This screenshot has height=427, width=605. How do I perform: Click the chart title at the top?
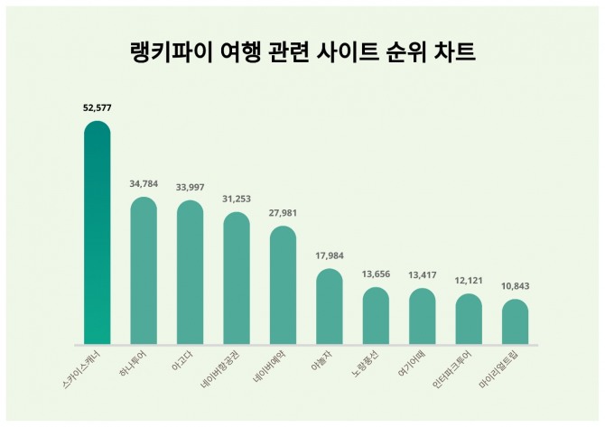pos(302,51)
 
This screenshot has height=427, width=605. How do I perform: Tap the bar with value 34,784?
pos(144,271)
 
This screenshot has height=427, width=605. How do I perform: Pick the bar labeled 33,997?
pos(190,273)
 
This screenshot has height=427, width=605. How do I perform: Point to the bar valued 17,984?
pos(330,307)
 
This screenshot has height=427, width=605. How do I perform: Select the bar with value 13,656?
pos(376,316)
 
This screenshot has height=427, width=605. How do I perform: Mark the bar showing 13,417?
pos(422,317)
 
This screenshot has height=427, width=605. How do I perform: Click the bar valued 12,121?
pos(469,320)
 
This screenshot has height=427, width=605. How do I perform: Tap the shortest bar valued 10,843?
pos(515,322)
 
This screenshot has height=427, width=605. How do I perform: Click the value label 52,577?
pos(98,107)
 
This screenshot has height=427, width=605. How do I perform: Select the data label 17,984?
pos(330,255)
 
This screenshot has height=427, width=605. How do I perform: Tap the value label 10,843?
pos(515,286)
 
